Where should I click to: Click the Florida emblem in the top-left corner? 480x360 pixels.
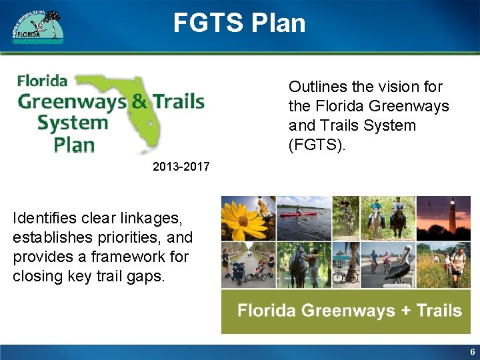tap(38, 27)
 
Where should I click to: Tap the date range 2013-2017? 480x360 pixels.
tap(181, 167)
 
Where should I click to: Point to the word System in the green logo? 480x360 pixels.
tap(72, 123)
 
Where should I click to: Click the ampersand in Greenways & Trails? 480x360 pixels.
tap(139, 101)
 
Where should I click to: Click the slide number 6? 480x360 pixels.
tap(472, 352)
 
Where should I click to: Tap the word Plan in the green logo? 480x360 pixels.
tap(73, 145)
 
